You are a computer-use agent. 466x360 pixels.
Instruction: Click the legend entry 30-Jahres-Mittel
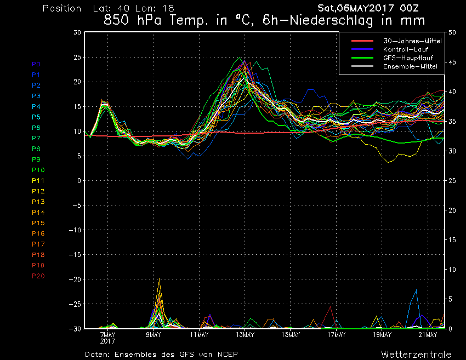(412, 41)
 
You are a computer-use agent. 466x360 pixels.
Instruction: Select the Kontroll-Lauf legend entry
(406, 49)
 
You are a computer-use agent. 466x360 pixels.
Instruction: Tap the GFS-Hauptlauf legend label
(408, 58)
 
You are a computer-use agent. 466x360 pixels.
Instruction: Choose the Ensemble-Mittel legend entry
(410, 66)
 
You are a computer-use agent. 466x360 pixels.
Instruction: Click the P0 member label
(36, 64)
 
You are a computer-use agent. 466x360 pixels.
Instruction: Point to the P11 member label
(38, 181)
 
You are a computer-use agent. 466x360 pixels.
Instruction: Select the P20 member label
(38, 276)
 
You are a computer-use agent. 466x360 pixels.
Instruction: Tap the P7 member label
(36, 138)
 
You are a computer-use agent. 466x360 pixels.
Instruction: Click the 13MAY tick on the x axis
(245, 335)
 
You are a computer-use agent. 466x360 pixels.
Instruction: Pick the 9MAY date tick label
(154, 335)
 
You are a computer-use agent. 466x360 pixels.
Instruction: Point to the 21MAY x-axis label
(428, 335)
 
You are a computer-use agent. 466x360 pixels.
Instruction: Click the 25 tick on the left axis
(77, 58)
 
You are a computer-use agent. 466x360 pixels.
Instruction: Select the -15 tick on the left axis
(75, 255)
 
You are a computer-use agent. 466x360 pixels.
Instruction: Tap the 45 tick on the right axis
(452, 62)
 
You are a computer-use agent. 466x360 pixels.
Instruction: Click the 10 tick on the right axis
(452, 270)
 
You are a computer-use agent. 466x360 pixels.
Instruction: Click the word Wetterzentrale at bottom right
(416, 355)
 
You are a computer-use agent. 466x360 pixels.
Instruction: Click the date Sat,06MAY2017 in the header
(356, 8)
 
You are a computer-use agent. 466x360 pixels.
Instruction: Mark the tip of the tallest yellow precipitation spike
(160, 278)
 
